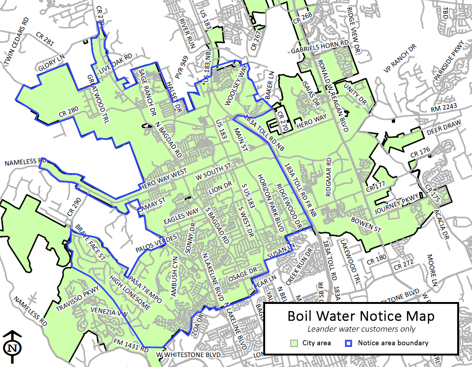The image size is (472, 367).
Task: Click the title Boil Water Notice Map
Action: pos(361,316)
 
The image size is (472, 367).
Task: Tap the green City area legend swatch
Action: pos(295,343)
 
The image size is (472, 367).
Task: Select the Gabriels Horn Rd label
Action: pos(320,46)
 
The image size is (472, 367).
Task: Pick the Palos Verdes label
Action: pos(155,244)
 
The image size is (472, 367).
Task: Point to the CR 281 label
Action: pos(45,38)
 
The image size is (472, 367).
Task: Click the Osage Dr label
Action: pos(243,277)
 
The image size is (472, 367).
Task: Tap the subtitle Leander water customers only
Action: pos(361,329)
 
